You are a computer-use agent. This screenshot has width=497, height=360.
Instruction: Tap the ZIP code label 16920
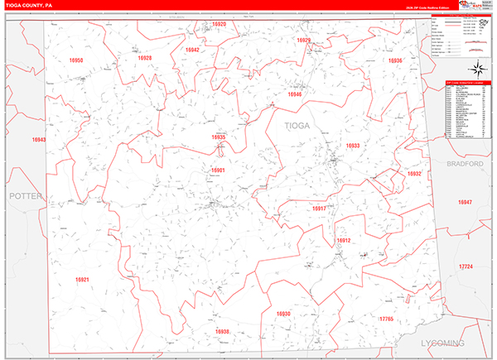click(x=219, y=25)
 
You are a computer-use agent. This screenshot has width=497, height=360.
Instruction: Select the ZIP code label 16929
click(x=304, y=40)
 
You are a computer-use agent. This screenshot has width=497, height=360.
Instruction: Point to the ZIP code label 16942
click(x=192, y=50)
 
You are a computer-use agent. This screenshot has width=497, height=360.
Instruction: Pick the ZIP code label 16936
click(x=395, y=60)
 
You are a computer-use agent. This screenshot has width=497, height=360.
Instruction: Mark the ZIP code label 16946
click(x=295, y=95)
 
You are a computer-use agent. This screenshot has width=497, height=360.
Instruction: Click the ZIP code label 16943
click(x=38, y=141)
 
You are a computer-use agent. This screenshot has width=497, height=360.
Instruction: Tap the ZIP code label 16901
click(x=218, y=170)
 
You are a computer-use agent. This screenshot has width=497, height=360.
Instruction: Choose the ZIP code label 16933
click(x=353, y=146)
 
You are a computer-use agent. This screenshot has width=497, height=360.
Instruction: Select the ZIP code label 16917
click(x=319, y=209)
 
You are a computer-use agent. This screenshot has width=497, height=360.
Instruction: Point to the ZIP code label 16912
click(x=344, y=241)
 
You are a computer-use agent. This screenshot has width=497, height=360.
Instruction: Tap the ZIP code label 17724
click(x=466, y=266)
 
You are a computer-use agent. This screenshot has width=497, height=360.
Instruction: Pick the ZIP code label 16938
click(x=222, y=332)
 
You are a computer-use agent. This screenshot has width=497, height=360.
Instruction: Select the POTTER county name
click(x=25, y=196)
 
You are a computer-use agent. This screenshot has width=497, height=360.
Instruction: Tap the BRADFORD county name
click(x=465, y=165)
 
